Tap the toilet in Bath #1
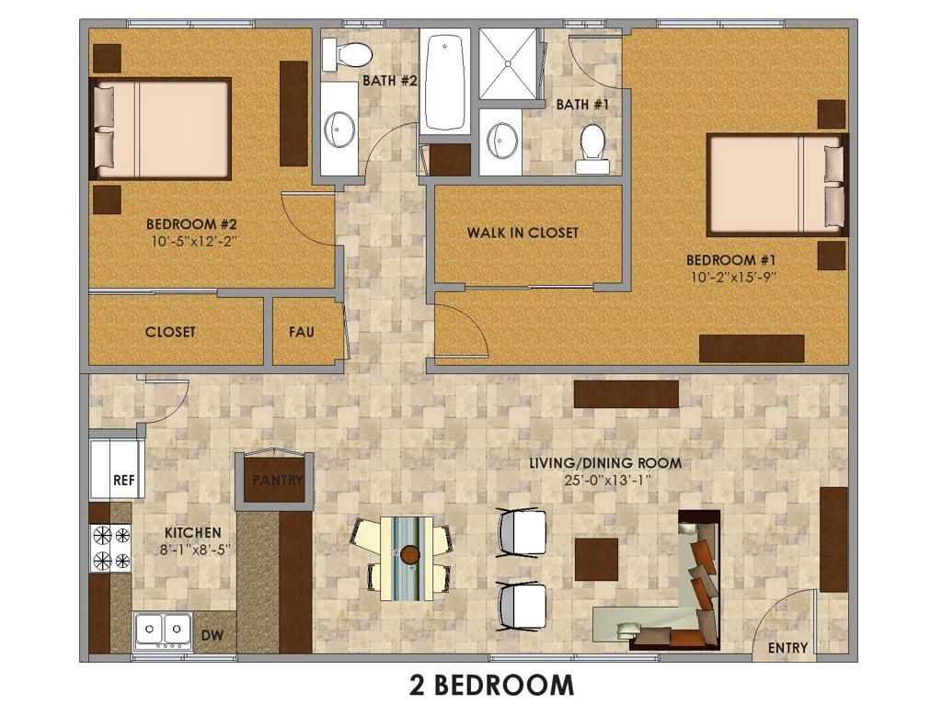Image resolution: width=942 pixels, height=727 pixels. tap(592, 149)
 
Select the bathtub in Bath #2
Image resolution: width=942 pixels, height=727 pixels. tap(444, 81)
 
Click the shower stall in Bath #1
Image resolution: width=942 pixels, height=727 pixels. tap(508, 63)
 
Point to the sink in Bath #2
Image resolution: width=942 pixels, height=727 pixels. tap(339, 129)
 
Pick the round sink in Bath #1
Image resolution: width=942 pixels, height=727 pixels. tap(501, 140)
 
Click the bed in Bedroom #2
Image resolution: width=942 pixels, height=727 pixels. tap(160, 129)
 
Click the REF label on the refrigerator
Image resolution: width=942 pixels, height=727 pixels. tap(124, 481)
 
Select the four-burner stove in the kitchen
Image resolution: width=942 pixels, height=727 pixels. tap(110, 547)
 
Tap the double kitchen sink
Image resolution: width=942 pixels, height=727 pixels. tap(163, 630)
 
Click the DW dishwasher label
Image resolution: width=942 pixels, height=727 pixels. tap(213, 634)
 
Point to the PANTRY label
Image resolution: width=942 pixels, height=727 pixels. tap(278, 480)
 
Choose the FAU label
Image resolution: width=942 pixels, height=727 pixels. tap(302, 332)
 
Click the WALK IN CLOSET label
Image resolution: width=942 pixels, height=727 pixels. tap(523, 233)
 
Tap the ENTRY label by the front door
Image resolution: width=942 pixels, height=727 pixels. tap(787, 648)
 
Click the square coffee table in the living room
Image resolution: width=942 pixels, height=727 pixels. tap(596, 559)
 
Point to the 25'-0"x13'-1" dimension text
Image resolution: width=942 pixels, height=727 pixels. tap(608, 481)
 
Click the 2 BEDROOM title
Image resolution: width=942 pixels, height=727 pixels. tap(491, 685)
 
